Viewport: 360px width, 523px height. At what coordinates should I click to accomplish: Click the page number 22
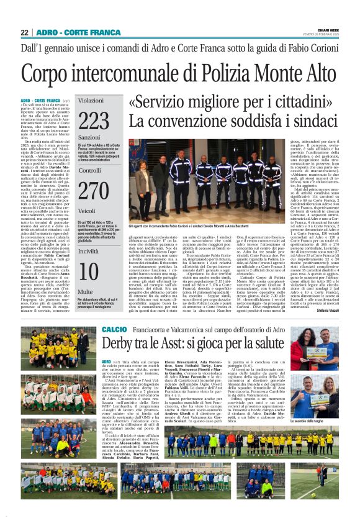click(x=24, y=32)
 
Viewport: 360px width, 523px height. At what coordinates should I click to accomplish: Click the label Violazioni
click(x=91, y=100)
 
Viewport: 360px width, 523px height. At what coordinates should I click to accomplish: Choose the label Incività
click(x=89, y=251)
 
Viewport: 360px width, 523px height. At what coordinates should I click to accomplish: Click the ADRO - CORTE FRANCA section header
click(x=80, y=32)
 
